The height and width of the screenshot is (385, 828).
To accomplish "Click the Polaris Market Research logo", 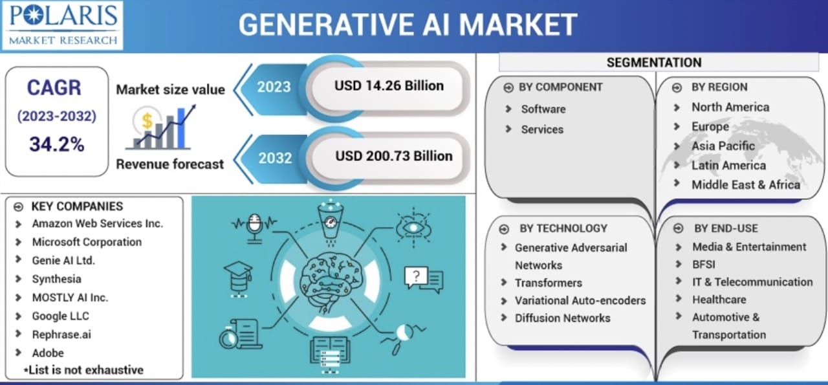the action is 62,25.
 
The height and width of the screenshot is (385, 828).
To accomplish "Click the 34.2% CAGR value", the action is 56,144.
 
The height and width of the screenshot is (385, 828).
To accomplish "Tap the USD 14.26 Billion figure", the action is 389,86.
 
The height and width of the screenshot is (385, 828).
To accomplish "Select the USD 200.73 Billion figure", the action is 394,156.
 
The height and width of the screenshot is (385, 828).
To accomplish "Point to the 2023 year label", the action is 274,87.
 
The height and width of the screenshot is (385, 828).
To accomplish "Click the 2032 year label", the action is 275,158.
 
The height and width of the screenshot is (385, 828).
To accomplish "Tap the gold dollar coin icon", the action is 147,120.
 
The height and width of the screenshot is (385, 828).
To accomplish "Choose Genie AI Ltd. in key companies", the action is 63,261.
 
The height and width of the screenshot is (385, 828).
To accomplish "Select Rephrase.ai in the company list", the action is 61,335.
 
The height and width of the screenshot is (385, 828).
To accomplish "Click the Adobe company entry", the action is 48,353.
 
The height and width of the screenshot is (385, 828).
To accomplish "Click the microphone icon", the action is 254,228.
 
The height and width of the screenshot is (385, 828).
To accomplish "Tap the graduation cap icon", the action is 239,280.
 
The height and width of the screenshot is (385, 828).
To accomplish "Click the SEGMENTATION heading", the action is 654,63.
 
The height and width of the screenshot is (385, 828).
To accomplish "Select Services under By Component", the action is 542,129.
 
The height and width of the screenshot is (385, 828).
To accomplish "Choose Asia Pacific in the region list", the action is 723,146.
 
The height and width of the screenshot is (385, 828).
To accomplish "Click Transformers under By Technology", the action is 549,283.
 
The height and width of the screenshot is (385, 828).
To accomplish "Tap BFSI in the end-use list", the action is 704,265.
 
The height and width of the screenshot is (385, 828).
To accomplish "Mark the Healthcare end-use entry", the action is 719,300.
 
